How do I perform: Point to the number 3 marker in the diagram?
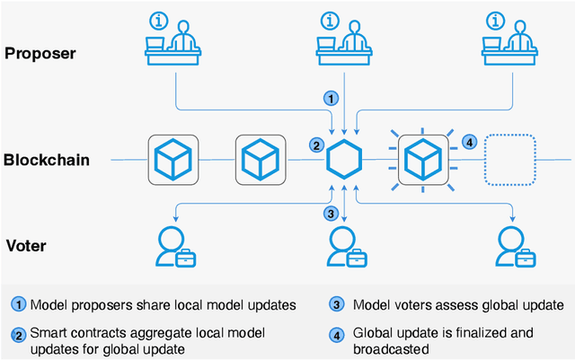332,213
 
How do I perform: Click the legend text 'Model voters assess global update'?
458,304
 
